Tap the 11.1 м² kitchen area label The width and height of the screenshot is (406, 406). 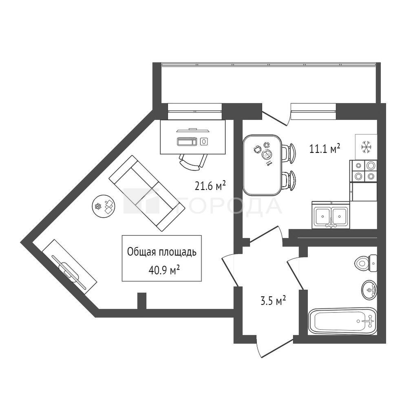tap(325, 149)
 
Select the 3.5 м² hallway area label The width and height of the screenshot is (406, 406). tap(273, 301)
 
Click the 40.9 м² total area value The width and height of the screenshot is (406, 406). tap(164, 271)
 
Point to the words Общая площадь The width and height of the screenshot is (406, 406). tap(162, 252)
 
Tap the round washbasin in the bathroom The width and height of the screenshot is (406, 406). tap(369, 290)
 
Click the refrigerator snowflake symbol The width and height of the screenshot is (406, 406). tap(366, 147)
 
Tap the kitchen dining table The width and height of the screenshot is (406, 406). tap(262, 165)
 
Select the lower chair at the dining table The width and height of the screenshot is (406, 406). tap(288, 181)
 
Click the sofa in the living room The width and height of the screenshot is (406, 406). tap(147, 193)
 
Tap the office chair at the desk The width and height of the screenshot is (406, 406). tap(193, 161)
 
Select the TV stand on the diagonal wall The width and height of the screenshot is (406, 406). tap(69, 267)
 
